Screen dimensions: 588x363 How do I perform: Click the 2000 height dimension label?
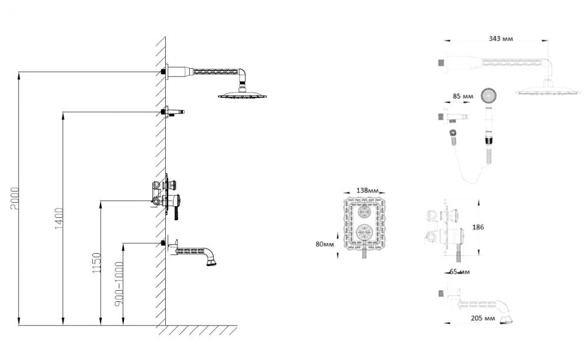[x=16, y=198]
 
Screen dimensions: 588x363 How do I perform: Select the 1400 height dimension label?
[x=59, y=219]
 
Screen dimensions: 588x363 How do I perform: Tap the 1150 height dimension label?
[x=97, y=263]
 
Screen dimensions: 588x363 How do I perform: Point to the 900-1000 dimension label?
[x=119, y=284]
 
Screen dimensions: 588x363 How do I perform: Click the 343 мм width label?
[x=500, y=39]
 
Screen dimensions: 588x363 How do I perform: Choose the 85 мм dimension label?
[x=463, y=96]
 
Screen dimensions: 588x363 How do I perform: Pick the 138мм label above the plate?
[x=367, y=190]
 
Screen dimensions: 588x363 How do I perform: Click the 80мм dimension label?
[x=325, y=244]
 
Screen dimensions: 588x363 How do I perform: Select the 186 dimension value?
[x=478, y=227]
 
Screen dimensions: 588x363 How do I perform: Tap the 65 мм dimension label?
[x=459, y=271]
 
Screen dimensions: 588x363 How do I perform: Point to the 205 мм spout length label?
[x=483, y=318]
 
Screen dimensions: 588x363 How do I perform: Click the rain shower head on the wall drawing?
[x=242, y=95]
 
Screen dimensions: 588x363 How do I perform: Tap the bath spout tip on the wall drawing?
[x=212, y=263]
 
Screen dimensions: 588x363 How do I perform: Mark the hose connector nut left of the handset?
[x=453, y=133]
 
